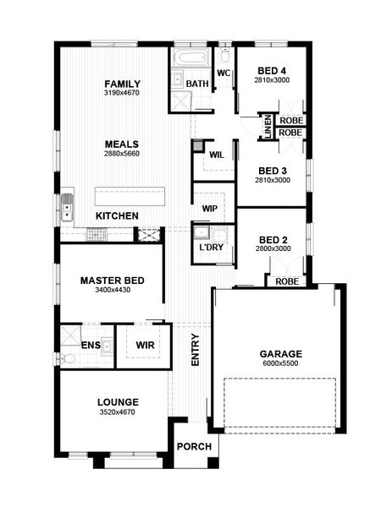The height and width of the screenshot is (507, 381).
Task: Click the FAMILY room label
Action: point(123,84)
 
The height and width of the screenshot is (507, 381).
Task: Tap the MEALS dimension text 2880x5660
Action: point(122,154)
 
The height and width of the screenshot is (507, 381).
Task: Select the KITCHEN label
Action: point(117,215)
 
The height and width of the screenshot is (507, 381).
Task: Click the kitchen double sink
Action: point(67,208)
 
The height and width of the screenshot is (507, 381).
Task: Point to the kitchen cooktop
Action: point(97,234)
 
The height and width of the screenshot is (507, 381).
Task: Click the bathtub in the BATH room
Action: point(190,58)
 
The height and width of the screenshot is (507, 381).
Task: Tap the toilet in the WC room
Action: point(224,54)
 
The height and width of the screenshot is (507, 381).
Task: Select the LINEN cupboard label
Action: point(268,127)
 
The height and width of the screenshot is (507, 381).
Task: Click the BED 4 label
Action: point(272,70)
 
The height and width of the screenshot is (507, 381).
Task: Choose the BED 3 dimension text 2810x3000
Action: point(273,180)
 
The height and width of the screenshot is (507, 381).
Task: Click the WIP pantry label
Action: point(210,209)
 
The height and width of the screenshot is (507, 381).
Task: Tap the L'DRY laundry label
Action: point(211,248)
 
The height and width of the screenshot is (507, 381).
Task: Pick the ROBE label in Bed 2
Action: point(287,281)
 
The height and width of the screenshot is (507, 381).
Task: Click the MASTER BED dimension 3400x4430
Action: point(113,290)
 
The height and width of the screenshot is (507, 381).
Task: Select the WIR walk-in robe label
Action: point(145,345)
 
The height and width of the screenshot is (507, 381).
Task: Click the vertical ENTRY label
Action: point(196,350)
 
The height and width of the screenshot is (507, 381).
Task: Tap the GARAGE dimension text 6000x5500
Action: point(280,363)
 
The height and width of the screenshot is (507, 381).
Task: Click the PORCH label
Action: point(194,446)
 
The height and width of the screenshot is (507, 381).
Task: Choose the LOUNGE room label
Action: point(118,402)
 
